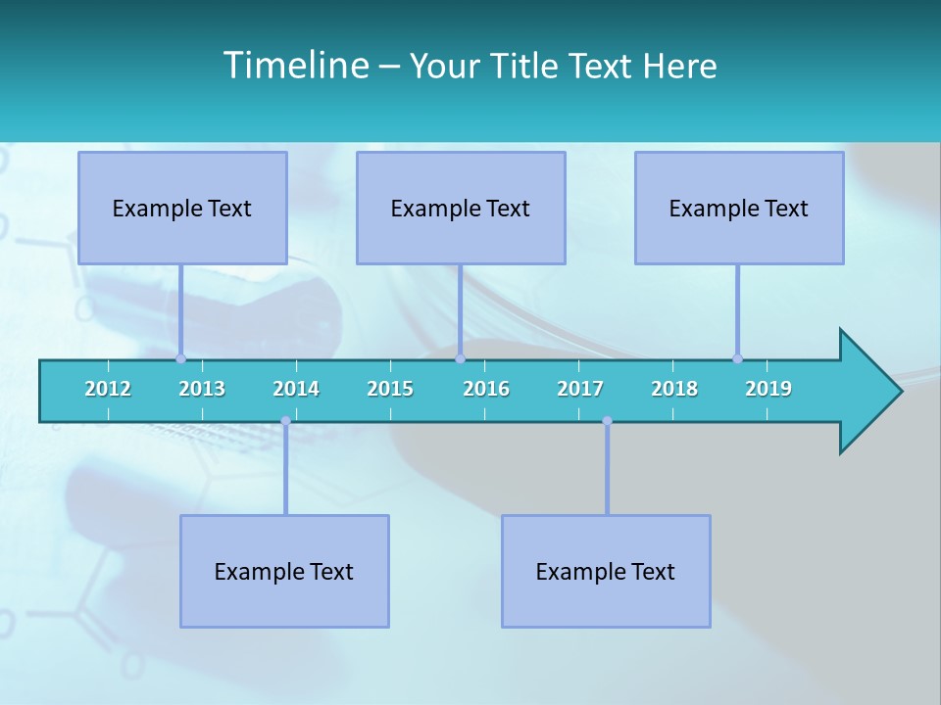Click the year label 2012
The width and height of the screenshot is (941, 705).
tap(108, 389)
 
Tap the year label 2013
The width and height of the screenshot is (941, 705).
tap(202, 389)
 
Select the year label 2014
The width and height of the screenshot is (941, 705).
tap(296, 389)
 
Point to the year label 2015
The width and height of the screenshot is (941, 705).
tap(390, 389)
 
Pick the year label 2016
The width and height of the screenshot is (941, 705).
tap(486, 389)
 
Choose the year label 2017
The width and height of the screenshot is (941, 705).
tap(580, 389)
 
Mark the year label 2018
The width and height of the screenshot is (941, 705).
tap(674, 389)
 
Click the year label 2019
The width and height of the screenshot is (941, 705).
tap(768, 389)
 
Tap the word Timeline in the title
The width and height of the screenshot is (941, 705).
tap(295, 66)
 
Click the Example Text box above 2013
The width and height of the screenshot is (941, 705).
tap(182, 208)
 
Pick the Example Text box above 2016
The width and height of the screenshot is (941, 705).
tap(461, 208)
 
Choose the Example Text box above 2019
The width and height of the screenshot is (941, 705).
tap(739, 208)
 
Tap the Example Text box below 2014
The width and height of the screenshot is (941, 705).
tap(284, 571)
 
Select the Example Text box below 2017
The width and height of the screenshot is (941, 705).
tap(606, 571)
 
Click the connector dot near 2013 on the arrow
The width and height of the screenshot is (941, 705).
tap(180, 358)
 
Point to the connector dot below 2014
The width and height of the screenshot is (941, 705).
tap(285, 421)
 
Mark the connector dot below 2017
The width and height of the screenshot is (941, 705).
tap(607, 421)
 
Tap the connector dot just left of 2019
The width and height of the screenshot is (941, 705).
tap(737, 358)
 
